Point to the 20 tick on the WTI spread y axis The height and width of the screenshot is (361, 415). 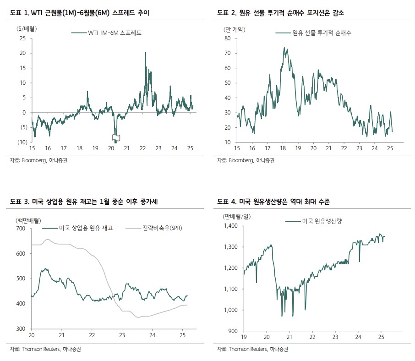tap(22, 53)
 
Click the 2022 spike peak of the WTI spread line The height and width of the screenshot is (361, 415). tap(145, 53)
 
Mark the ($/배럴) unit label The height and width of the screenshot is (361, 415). tap(27, 28)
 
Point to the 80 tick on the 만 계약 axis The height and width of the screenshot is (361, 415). tap(227, 38)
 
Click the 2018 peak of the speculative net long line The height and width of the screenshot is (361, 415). tap(284, 48)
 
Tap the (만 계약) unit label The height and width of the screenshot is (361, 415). tap(234, 29)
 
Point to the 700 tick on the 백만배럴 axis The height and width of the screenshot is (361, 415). tap(21, 228)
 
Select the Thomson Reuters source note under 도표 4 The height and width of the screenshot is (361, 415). tap(250, 349)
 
